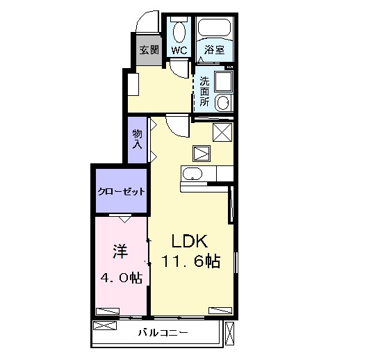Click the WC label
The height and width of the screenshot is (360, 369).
coord(179,51)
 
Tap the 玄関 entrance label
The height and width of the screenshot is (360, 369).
coord(149,51)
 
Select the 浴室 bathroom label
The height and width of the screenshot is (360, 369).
coord(214,51)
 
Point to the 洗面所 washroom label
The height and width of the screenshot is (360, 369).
coord(205,90)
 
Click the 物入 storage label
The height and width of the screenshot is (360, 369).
coord(138,139)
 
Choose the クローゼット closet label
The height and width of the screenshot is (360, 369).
coord(121,191)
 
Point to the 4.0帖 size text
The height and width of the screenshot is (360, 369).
coord(121,278)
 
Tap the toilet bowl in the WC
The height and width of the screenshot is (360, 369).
coord(179,31)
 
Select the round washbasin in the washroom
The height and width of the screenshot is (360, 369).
coord(223,103)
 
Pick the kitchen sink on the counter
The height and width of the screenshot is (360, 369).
coord(192,174)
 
